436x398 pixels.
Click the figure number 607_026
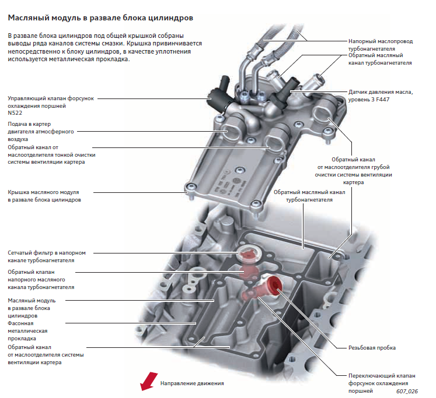[406, 391]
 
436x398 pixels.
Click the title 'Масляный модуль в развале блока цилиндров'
[100, 18]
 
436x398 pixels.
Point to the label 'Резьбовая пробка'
[372, 348]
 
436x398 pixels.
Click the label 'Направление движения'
[191, 383]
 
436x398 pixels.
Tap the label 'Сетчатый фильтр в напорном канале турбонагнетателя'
[47, 256]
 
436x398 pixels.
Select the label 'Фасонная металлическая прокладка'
[30, 330]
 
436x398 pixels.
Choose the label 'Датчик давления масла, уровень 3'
[380, 92]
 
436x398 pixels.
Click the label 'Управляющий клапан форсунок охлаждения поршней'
[51, 102]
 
